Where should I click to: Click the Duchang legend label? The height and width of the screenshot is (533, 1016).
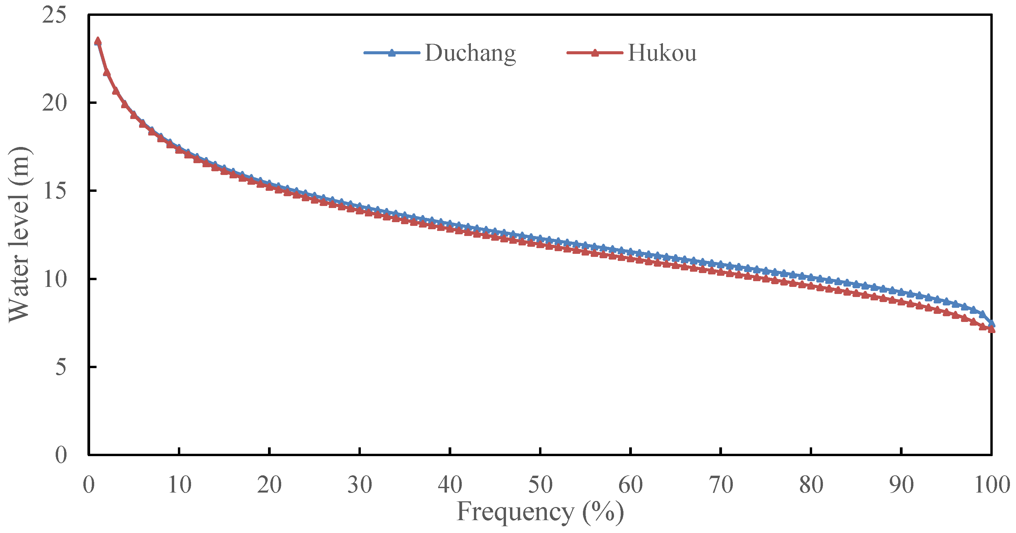click(x=470, y=53)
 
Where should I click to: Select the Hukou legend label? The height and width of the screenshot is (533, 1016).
click(x=662, y=53)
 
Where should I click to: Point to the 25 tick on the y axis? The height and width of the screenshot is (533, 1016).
click(x=54, y=16)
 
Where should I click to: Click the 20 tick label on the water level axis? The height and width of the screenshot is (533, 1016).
click(x=54, y=103)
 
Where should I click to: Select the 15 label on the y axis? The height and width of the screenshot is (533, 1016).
click(x=54, y=191)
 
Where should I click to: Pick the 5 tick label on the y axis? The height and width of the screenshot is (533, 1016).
click(x=60, y=367)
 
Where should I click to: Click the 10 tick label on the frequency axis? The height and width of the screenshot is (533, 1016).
click(x=180, y=484)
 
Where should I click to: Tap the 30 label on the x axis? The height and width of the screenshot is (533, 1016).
click(x=360, y=484)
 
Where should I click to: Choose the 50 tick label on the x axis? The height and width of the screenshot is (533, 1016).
click(x=540, y=484)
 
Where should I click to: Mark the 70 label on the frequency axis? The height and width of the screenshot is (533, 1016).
click(x=721, y=484)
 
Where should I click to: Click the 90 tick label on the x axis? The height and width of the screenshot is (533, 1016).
click(x=902, y=484)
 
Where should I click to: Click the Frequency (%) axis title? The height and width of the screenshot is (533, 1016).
click(x=540, y=512)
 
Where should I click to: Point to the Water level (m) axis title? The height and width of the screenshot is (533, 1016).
click(x=19, y=234)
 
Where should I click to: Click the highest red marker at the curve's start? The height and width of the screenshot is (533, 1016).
click(x=98, y=41)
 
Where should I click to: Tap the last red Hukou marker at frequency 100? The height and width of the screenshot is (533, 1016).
click(x=991, y=329)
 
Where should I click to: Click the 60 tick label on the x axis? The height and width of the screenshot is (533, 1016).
click(x=631, y=484)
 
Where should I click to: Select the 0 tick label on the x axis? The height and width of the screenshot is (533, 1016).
click(x=89, y=484)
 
